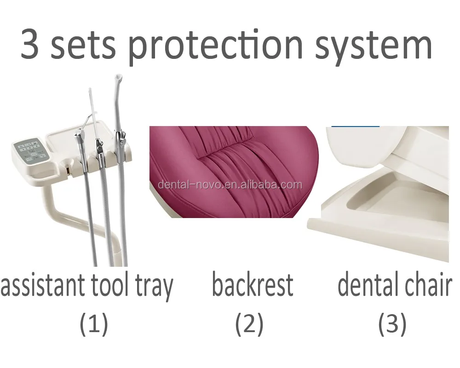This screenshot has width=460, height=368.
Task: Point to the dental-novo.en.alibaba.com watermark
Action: (230, 185)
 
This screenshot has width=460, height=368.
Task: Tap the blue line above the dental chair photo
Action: (355, 126)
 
